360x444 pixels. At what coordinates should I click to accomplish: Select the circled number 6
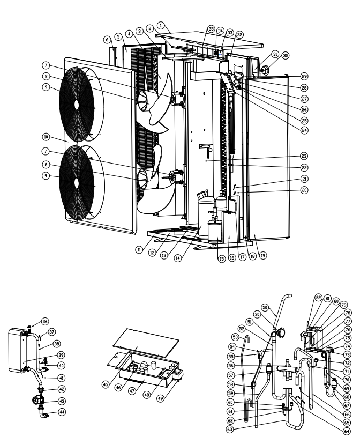pyautogui.click(x=108, y=39)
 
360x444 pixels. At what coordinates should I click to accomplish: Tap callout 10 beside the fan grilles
pyautogui.click(x=47, y=137)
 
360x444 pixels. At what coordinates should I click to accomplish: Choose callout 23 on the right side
pyautogui.click(x=304, y=156)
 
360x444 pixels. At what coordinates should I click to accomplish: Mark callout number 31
pyautogui.click(x=275, y=55)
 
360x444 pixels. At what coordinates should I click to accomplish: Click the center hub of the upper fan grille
pyautogui.click(x=77, y=103)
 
